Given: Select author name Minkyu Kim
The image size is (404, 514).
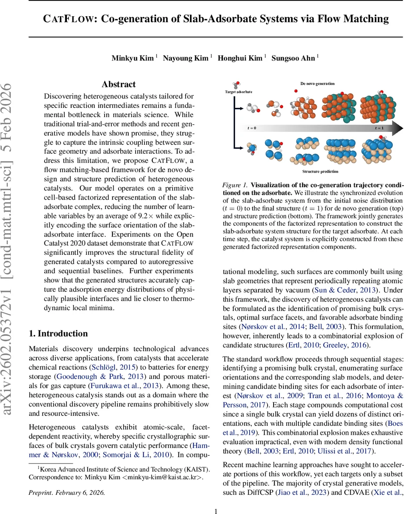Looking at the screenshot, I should click(133, 58).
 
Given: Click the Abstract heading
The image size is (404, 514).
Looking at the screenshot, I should click(119, 84).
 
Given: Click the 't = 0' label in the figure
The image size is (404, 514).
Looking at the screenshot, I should click(252, 128).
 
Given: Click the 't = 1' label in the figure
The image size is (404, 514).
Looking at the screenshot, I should click(380, 128).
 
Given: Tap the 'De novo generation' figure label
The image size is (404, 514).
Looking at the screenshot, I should click(317, 84).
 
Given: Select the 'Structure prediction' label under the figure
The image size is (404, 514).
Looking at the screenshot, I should click(320, 172).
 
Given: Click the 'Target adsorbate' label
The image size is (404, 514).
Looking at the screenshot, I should click(238, 92).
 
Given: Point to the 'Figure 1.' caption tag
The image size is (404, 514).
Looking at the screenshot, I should click(235, 185).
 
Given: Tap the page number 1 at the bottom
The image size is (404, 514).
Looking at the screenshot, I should click(216, 499).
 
